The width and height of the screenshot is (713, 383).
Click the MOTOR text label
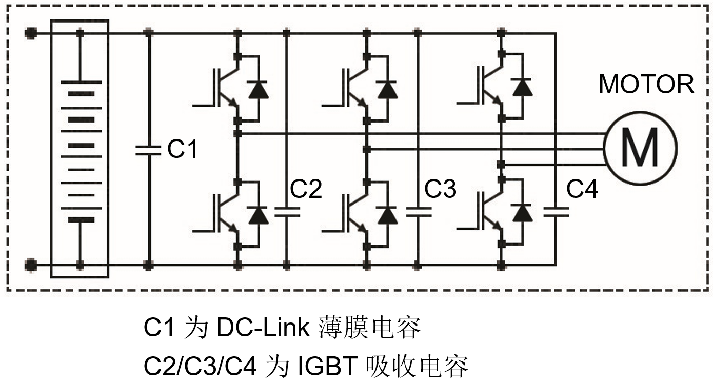[x=646, y=84]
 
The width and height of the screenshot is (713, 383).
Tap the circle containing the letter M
[x=640, y=147]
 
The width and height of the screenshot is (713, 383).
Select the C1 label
[x=183, y=149]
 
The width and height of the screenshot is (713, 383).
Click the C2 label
[x=306, y=189]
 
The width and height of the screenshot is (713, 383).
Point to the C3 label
[x=440, y=189]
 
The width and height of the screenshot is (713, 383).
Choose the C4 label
[x=582, y=189]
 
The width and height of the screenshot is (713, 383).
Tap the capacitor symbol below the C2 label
[x=287, y=212]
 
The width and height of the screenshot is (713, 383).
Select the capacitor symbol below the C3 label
[x=418, y=212]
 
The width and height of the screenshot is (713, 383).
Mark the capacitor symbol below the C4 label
[x=556, y=212]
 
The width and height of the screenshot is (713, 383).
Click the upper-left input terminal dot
[x=31, y=34]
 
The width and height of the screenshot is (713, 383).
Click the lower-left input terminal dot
[x=31, y=265]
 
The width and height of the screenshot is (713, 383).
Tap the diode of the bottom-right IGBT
[x=522, y=213]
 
